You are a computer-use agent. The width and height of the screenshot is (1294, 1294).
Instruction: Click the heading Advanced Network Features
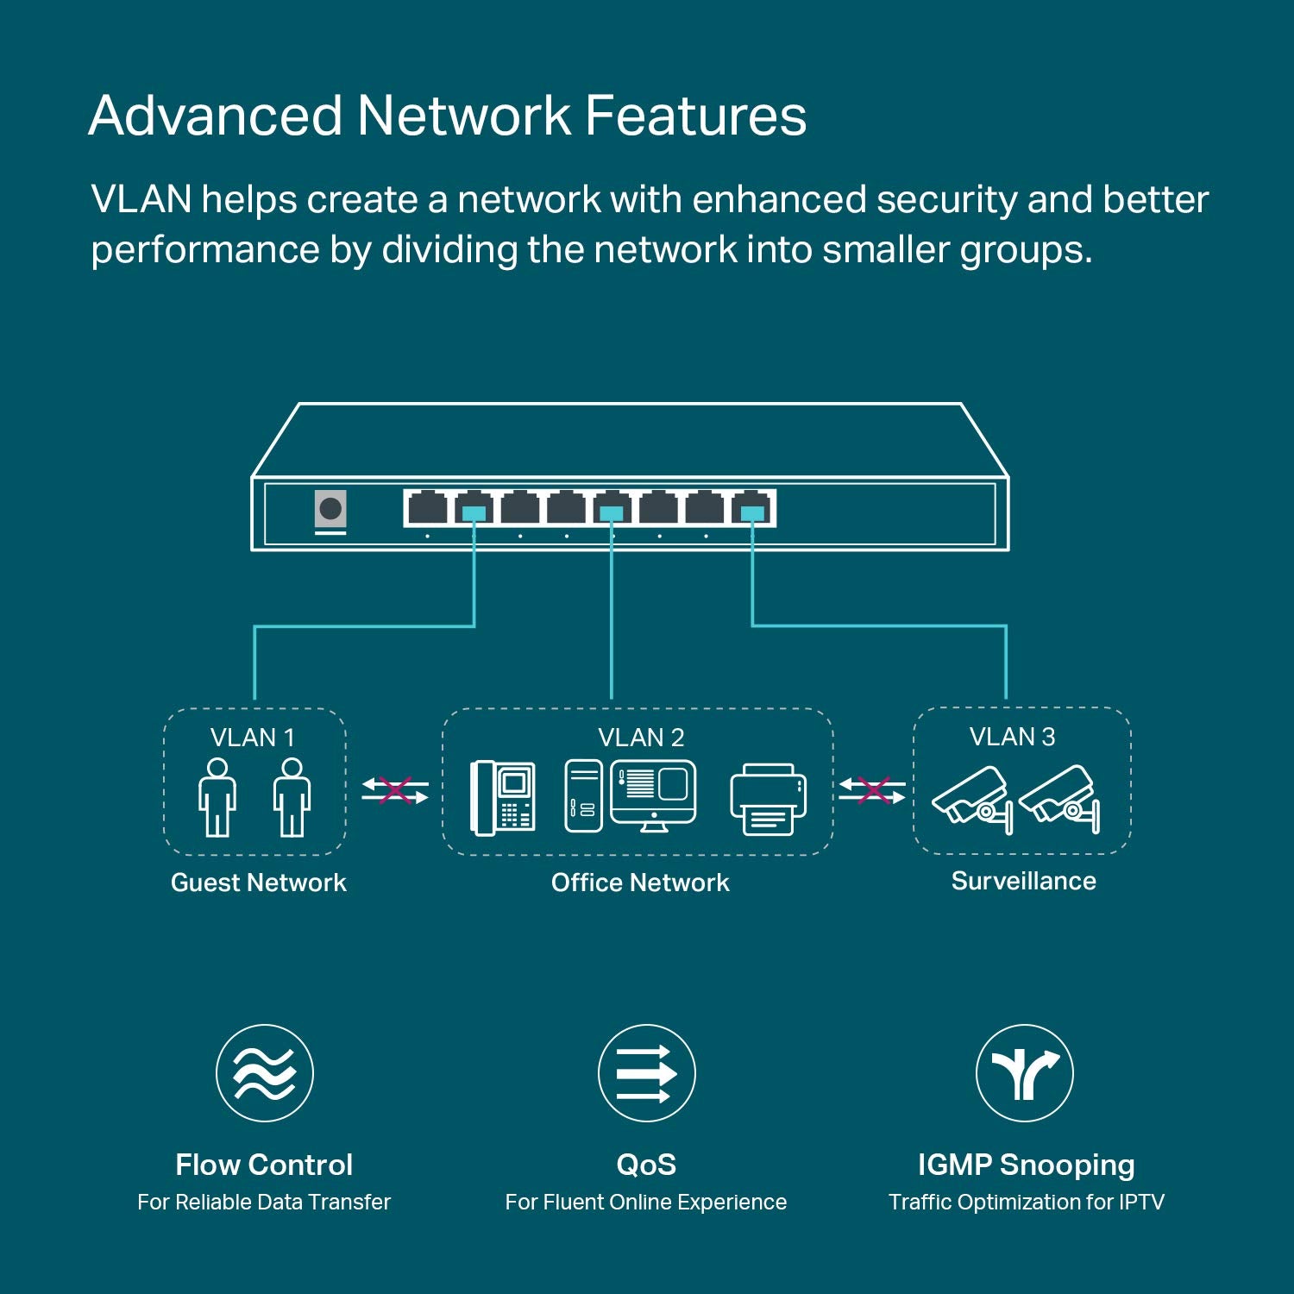tap(447, 116)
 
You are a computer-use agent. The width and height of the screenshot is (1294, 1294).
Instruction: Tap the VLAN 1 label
tap(253, 738)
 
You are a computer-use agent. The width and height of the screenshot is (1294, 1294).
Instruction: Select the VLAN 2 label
tap(641, 738)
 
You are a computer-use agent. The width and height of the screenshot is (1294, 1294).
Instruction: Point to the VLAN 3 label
tap(1012, 737)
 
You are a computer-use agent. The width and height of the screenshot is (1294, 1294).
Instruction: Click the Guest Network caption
tap(258, 883)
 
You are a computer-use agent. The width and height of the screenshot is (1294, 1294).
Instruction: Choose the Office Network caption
tap(640, 883)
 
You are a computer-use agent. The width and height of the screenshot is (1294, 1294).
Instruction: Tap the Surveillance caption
tap(1023, 881)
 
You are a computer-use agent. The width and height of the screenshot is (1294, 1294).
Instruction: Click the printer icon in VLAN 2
tap(768, 799)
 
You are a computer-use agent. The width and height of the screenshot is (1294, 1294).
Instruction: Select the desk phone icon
tap(503, 798)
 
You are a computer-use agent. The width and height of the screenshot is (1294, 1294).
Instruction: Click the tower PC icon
tap(583, 795)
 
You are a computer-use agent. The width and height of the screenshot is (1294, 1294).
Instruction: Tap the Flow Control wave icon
tap(265, 1073)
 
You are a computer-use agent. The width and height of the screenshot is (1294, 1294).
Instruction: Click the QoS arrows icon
tap(646, 1073)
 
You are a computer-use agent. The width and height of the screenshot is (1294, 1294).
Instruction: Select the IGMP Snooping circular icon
tap(1024, 1073)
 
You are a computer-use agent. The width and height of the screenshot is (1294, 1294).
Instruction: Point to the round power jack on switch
tap(330, 508)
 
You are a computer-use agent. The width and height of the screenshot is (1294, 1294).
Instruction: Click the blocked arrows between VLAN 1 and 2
tap(394, 790)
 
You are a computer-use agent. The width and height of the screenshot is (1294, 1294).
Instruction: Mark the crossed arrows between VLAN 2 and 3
tap(872, 790)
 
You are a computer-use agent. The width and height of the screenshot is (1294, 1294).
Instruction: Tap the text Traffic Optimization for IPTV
tap(1026, 1202)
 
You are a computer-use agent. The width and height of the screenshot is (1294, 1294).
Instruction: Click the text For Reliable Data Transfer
tap(264, 1202)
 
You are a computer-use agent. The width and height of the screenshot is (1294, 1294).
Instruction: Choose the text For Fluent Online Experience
tap(645, 1202)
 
